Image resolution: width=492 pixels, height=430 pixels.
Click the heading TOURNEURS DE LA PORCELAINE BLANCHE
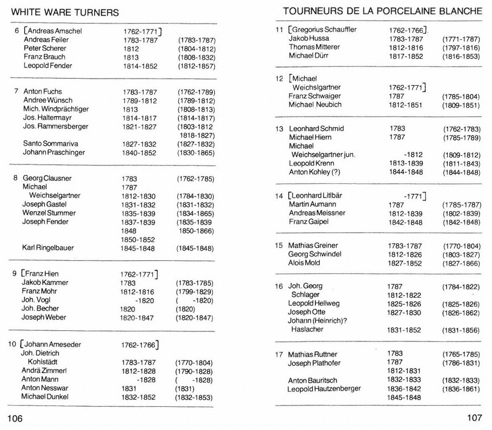pyautogui.click(x=382, y=11)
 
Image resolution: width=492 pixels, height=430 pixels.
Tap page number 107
pyautogui.click(x=474, y=417)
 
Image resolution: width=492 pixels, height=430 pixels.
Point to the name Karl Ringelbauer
pyautogui.click(x=48, y=248)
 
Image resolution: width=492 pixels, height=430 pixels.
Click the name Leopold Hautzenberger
pyautogui.click(x=324, y=389)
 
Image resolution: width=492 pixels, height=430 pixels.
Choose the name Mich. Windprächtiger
pyautogui.click(x=56, y=109)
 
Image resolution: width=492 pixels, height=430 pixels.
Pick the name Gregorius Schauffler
pyautogui.click(x=324, y=29)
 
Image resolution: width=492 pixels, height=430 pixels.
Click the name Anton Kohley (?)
pyautogui.click(x=315, y=172)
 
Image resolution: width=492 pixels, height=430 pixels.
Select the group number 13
pyautogui.click(x=279, y=129)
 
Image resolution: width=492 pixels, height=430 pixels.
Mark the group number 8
pyautogui.click(x=15, y=178)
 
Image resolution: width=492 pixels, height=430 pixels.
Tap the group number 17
pyautogui.click(x=279, y=355)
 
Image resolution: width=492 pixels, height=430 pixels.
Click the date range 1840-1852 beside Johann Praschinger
pyautogui.click(x=139, y=153)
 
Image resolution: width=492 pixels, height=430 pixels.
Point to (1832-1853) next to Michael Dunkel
pyautogui.click(x=194, y=397)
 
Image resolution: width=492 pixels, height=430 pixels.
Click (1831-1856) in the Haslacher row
pyautogui.click(x=461, y=330)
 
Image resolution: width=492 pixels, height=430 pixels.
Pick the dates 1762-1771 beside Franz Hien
pyautogui.click(x=138, y=274)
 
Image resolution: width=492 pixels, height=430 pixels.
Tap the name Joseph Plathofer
pyautogui.click(x=314, y=363)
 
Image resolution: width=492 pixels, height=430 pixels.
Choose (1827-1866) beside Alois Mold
pyautogui.click(x=461, y=264)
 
